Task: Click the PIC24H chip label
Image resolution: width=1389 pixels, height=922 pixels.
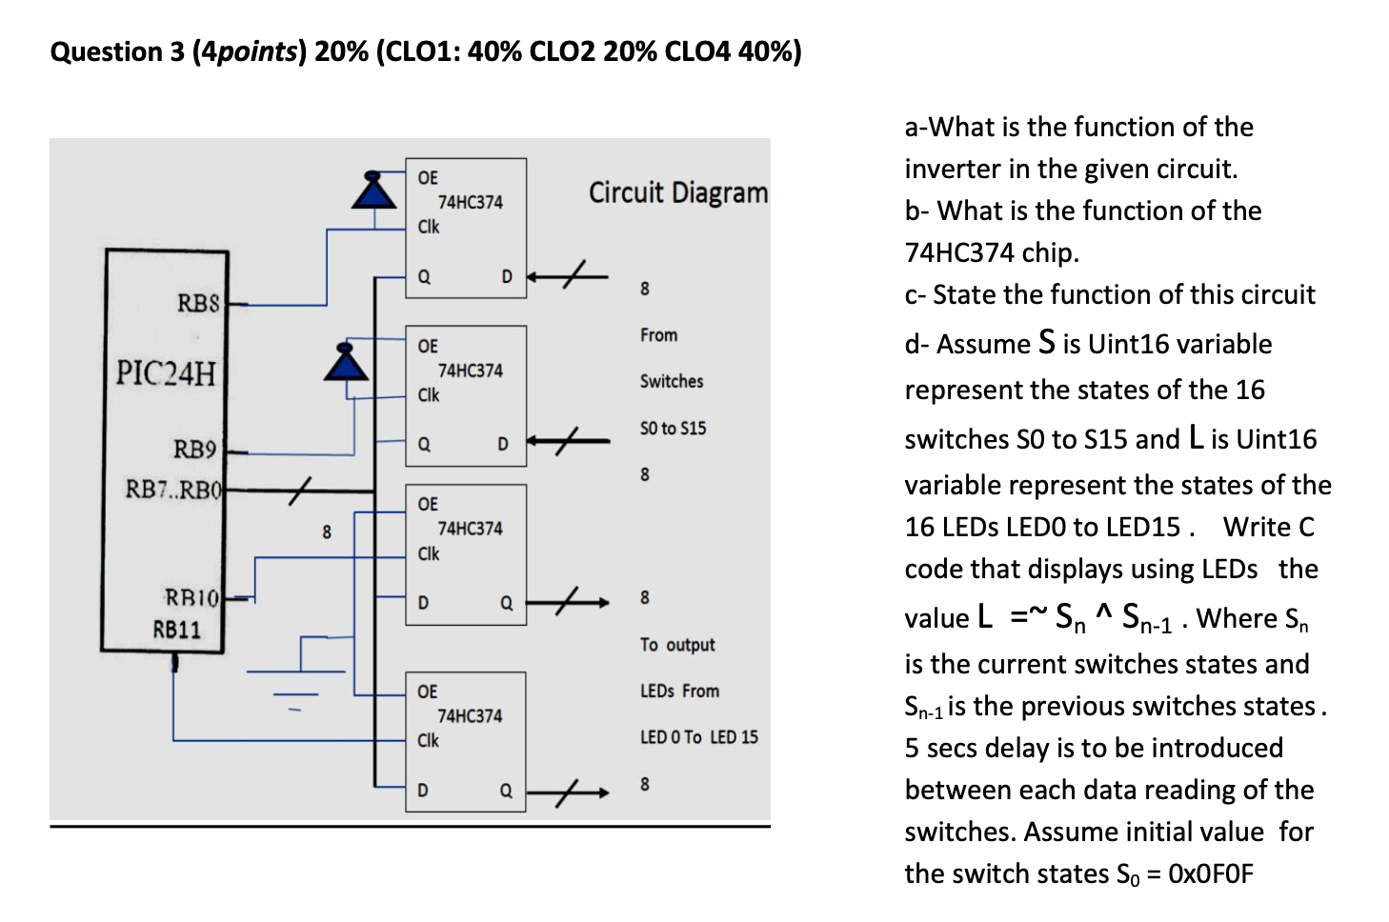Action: tap(166, 372)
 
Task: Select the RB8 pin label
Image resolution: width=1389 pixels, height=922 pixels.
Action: tap(198, 303)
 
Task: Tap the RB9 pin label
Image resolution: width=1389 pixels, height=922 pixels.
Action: tap(194, 449)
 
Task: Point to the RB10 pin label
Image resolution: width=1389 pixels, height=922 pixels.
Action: tap(191, 597)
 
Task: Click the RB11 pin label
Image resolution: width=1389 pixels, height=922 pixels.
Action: tap(177, 630)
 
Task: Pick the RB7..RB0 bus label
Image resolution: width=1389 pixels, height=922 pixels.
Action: tap(173, 490)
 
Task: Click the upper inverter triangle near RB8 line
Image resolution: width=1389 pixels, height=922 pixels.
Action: tap(374, 190)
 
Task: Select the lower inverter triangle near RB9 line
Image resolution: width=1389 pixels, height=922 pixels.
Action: tap(345, 362)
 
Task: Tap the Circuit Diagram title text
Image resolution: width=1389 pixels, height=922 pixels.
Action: tap(677, 192)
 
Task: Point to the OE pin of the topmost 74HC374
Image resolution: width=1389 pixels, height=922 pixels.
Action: tap(428, 178)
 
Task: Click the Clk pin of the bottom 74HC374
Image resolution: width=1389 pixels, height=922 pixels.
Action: tap(428, 740)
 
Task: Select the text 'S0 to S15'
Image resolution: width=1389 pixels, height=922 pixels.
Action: tap(673, 429)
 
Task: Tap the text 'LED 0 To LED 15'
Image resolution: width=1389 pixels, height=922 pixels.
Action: tap(698, 737)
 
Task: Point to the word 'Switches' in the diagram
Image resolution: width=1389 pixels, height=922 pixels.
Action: tap(671, 381)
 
